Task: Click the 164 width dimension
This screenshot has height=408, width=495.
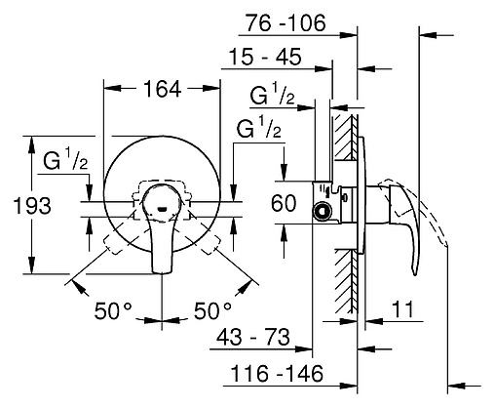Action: (162, 90)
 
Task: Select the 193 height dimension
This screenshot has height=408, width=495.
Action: (32, 206)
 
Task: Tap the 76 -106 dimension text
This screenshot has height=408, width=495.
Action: (286, 23)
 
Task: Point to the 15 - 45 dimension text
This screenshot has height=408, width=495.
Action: (265, 57)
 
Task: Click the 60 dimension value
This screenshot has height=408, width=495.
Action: (284, 203)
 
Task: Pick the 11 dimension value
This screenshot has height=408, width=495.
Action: (402, 309)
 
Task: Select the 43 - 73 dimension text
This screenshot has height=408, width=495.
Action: (253, 337)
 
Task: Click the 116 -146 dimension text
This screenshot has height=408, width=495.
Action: (277, 374)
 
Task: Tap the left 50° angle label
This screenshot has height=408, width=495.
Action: (113, 311)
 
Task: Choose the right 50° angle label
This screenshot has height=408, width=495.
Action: (212, 311)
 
